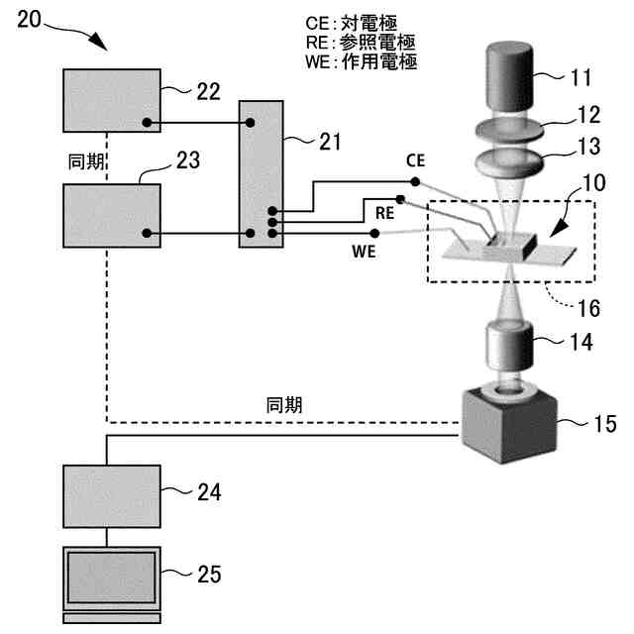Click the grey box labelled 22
pos(112,101)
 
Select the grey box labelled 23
pos(112,216)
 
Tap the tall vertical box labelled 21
pos(262,174)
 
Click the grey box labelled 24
pos(112,496)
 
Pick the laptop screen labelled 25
pos(112,578)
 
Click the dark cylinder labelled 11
pos(509,76)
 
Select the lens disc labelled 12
pos(509,130)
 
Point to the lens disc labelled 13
pos(509,161)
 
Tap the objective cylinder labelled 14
pos(509,346)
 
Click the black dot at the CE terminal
pos(415,182)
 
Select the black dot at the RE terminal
pos(400,199)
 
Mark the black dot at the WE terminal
pos(374,234)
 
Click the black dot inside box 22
pos(147,122)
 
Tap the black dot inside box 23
pos(147,234)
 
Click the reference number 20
pos(29,19)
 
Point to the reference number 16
pos(588,308)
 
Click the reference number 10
pos(594,182)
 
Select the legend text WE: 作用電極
pos(361,61)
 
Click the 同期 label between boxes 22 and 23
pos(86,161)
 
